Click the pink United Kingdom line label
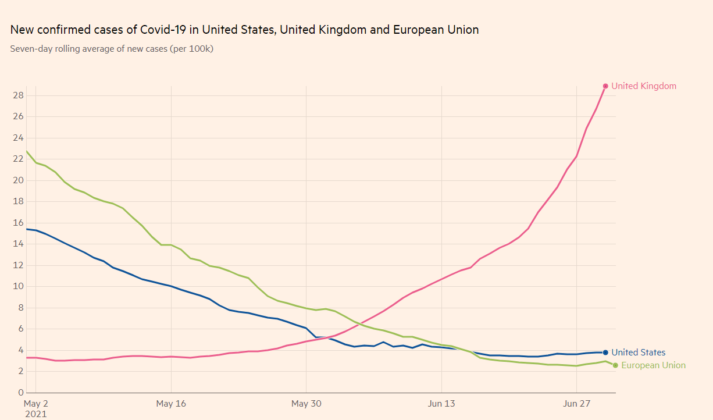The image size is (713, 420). click(644, 86)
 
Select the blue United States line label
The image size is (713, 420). click(638, 353)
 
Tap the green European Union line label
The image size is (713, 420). click(653, 365)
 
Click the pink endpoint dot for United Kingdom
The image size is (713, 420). click(605, 86)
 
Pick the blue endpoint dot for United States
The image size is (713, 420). click(605, 353)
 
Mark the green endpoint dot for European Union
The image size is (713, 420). click(615, 365)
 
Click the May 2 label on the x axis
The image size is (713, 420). click(35, 404)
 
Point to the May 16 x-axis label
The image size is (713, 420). click(171, 404)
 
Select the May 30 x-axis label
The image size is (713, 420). click(306, 404)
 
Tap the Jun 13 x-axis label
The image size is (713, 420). click(441, 404)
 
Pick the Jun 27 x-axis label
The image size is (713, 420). click(576, 404)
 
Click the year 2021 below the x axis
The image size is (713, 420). click(35, 414)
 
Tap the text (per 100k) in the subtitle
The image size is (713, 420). click(191, 49)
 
